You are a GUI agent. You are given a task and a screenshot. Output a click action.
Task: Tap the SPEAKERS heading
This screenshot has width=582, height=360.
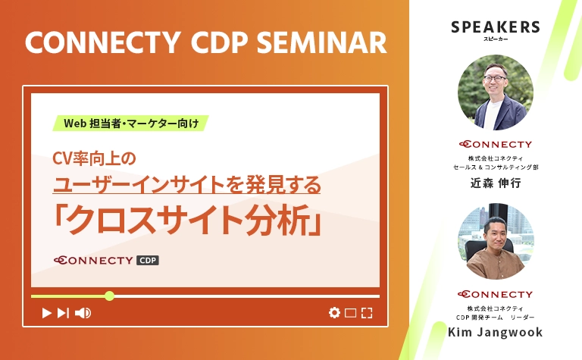(496, 27)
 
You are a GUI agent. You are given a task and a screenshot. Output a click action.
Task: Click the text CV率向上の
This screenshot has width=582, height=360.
(93, 158)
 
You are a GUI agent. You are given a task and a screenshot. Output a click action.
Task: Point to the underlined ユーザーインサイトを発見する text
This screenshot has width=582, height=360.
(186, 183)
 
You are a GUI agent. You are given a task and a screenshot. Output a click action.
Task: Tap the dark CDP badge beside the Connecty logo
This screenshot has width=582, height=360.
(148, 261)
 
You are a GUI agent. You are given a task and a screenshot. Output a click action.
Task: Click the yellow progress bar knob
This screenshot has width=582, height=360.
(109, 296)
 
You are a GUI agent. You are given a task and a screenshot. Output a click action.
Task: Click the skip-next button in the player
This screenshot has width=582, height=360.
(63, 312)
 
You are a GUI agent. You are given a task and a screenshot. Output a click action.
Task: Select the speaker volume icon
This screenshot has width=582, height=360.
(83, 312)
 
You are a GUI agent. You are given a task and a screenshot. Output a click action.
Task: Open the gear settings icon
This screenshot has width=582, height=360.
(334, 312)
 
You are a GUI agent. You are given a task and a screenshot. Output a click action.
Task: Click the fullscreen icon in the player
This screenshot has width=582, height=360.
(367, 312)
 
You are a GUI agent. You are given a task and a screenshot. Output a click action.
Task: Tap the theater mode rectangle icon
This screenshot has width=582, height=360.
(350, 312)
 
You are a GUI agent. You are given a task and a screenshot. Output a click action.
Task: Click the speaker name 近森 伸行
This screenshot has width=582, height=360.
(496, 183)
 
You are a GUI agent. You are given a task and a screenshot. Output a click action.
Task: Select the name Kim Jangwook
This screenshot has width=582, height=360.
(496, 333)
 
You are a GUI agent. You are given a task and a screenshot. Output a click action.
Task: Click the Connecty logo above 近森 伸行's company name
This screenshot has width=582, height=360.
(496, 144)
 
